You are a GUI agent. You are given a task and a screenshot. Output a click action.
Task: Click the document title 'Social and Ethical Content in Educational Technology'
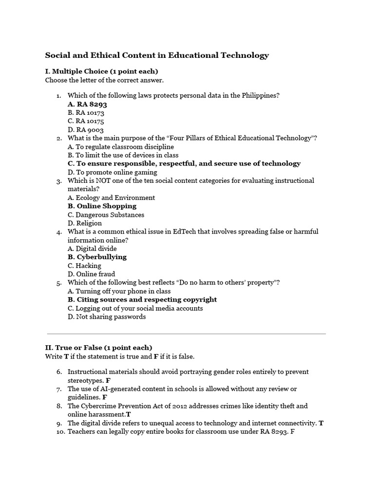157,55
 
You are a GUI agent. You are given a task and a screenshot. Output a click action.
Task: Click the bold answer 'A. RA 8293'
87,104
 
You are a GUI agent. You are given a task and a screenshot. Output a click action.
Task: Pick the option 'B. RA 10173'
86,113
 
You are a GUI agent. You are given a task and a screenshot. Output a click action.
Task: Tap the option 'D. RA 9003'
86,130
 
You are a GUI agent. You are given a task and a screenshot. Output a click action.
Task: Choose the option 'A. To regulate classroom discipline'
121,147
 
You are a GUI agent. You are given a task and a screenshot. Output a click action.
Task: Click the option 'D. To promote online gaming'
112,172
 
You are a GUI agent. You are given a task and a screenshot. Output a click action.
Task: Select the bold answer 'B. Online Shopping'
102,206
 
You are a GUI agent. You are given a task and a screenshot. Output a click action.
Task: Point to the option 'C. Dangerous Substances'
106,215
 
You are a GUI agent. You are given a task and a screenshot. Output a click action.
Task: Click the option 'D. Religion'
85,223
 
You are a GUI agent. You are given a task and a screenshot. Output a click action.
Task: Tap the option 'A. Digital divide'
92,249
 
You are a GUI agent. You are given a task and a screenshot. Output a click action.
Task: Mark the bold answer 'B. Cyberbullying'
97,257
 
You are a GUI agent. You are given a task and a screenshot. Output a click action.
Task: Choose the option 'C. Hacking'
85,266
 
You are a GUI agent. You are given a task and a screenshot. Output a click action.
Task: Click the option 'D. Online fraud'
92,274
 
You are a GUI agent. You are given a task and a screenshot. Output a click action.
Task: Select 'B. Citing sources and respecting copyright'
142,300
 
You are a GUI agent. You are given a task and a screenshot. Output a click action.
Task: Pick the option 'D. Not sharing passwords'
107,317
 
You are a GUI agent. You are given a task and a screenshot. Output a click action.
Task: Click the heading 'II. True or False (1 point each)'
99,348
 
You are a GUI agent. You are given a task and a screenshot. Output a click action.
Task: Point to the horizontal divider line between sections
187,334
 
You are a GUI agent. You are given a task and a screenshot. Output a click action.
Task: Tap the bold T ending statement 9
321,423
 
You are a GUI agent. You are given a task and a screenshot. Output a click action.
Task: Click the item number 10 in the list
60,432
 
